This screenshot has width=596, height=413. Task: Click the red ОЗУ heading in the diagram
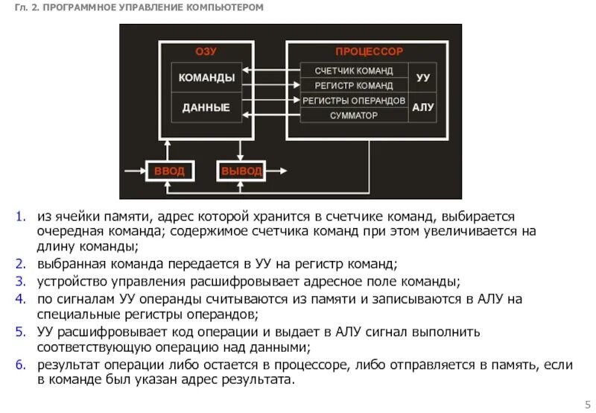pyautogui.click(x=206, y=52)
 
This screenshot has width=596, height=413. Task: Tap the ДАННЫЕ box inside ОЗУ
pyautogui.click(x=206, y=108)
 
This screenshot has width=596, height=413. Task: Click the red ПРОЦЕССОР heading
pyautogui.click(x=368, y=52)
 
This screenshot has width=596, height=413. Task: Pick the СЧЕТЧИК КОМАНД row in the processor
pyautogui.click(x=354, y=71)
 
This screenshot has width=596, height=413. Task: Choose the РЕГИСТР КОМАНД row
pyautogui.click(x=354, y=86)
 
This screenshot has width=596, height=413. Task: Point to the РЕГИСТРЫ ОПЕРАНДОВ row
pyautogui.click(x=354, y=101)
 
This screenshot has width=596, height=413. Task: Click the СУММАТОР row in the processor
pyautogui.click(x=354, y=116)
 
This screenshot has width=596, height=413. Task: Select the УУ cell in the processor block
pyautogui.click(x=423, y=78)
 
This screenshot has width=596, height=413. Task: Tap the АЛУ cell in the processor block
pyautogui.click(x=423, y=108)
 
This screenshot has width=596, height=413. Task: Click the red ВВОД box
pyautogui.click(x=169, y=171)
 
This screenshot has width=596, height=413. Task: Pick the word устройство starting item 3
pyautogui.click(x=71, y=283)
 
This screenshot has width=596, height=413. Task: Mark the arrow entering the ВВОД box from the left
pyautogui.click(x=134, y=171)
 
